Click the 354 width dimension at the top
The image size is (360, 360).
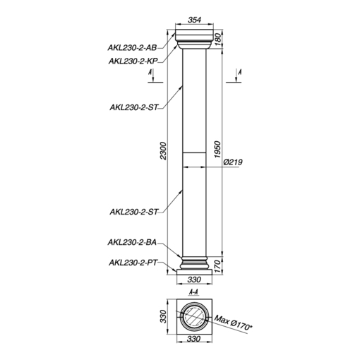194,20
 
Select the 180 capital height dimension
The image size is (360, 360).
217,39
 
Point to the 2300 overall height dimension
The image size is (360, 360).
163,151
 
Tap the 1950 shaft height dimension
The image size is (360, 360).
217,150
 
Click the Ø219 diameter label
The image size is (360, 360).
232,162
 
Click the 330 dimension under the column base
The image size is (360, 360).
194,280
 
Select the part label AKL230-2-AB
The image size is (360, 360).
132,48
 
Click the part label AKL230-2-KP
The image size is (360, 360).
133,61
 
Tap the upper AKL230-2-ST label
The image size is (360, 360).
133,107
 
